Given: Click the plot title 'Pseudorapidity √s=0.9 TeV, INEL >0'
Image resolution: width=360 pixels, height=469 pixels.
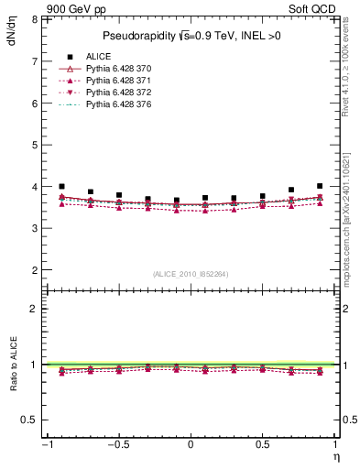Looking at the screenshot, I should (x=191, y=36).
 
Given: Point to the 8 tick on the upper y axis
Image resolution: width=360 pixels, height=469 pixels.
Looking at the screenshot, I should (x=35, y=19).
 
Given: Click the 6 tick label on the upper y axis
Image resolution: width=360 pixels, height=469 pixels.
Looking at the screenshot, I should (x=35, y=104).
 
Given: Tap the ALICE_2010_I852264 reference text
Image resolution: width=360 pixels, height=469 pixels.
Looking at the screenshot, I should (x=191, y=274).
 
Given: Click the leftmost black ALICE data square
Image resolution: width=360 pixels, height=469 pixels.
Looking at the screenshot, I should (x=61, y=186).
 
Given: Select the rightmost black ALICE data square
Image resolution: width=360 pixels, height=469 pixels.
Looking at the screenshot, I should (x=320, y=186).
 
